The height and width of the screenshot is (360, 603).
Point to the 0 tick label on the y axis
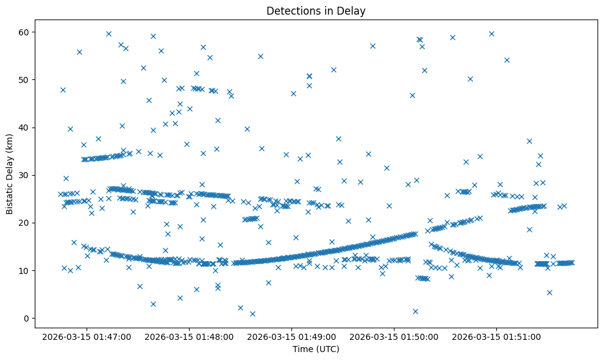click(x=26, y=319)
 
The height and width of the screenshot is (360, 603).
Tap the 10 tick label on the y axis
click(x=24, y=270)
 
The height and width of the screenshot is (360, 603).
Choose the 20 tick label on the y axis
click(x=24, y=223)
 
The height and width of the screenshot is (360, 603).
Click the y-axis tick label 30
click(x=24, y=175)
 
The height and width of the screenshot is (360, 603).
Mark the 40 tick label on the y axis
click(x=24, y=128)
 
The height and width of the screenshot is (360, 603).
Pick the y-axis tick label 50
click(x=24, y=80)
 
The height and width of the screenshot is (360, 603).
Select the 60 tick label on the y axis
click(x=24, y=32)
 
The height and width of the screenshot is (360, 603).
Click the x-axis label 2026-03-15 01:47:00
click(x=86, y=336)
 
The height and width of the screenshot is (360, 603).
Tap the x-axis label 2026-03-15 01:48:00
click(x=188, y=336)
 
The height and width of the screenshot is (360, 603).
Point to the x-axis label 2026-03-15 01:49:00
click(x=291, y=336)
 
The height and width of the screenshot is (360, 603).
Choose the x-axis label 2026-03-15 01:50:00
click(x=393, y=336)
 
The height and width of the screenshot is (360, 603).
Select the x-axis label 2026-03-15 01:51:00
click(x=496, y=336)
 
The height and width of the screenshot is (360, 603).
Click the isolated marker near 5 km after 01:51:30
click(x=549, y=292)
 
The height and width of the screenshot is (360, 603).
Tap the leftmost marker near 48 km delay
click(x=63, y=90)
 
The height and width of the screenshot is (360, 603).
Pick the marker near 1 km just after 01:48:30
click(x=252, y=314)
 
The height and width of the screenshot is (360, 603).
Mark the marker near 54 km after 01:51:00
click(x=507, y=60)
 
